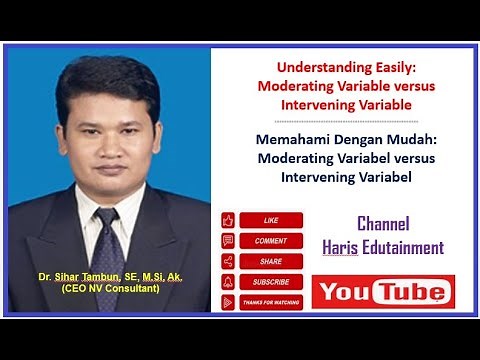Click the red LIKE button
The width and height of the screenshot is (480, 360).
(x=270, y=220)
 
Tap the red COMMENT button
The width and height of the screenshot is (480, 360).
(x=270, y=240)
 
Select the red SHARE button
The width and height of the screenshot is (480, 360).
(x=270, y=260)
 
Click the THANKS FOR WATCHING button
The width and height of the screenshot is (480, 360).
(x=270, y=301)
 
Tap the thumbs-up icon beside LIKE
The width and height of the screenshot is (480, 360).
(x=228, y=220)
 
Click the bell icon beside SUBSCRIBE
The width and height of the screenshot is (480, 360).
(x=228, y=281)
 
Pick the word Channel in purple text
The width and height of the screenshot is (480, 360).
(x=383, y=224)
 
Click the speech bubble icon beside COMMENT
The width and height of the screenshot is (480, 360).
(x=228, y=240)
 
